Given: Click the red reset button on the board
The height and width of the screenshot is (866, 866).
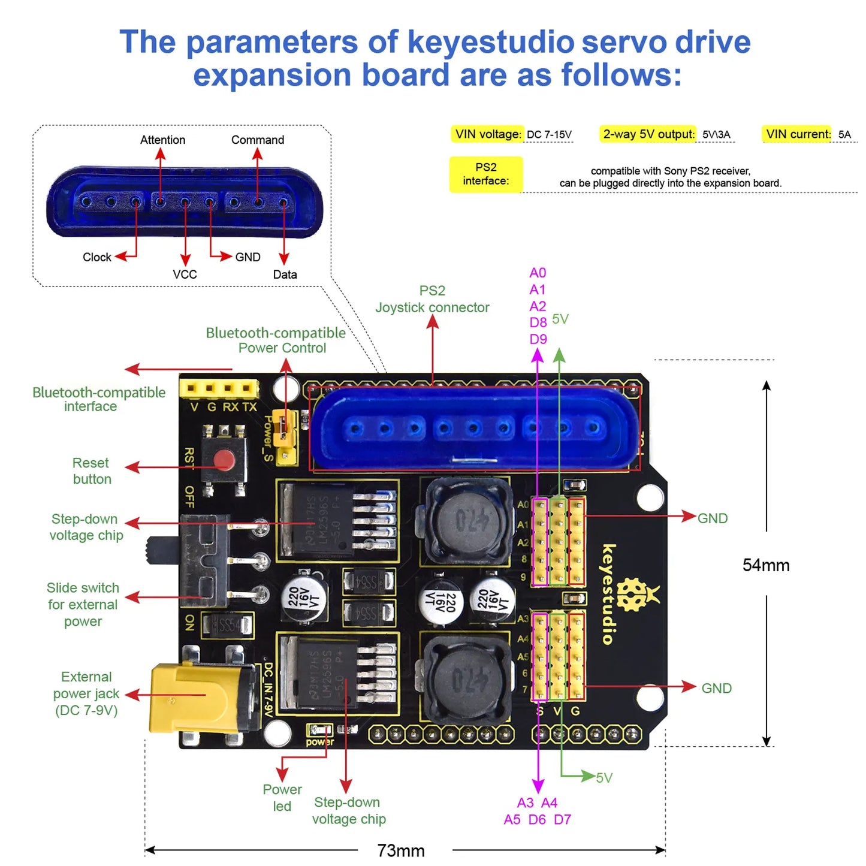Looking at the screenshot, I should coord(224,460).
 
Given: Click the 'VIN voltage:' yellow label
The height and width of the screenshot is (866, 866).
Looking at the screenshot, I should coord(487,134).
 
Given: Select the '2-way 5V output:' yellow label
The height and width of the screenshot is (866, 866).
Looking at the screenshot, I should coord(648,134).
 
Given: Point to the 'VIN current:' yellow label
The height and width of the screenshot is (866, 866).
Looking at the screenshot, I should coord(798,134).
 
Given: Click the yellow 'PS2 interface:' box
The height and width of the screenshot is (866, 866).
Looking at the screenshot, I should coord(485,174).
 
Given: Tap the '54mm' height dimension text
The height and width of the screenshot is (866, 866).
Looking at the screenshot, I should coord(765,565).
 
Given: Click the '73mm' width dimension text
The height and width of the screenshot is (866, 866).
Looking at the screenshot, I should coord(400,850).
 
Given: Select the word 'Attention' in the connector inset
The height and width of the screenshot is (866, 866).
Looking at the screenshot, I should coord(162,140).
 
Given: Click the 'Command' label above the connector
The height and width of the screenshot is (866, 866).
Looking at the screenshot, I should coord(258,140).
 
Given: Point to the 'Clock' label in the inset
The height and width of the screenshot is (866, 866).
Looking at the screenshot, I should coord(96,257).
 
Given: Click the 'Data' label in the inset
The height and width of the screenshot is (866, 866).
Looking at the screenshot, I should coord(285,274).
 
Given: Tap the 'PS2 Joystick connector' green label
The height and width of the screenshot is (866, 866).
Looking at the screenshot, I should coord(432,299).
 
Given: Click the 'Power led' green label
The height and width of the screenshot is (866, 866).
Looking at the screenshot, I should coord(282,798).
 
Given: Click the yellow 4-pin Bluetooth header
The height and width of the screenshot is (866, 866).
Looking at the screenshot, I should coord(219,388).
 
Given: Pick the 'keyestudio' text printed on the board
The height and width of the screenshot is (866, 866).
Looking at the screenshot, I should coord(608,594).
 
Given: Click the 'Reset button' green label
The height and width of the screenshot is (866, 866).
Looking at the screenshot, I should coord(91,471).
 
